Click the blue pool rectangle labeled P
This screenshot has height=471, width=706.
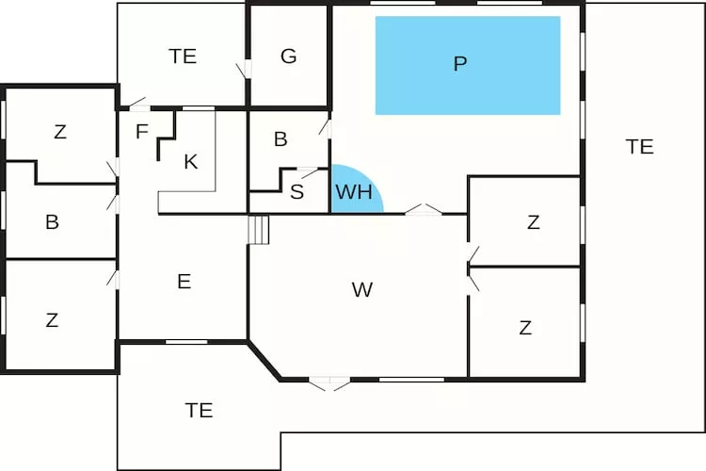[468, 65]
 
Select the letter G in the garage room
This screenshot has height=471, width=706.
[289, 57]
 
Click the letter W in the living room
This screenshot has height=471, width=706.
[362, 290]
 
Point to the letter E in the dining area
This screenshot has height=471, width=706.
[185, 282]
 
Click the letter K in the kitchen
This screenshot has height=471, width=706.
[191, 161]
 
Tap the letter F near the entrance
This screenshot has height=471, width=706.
[142, 132]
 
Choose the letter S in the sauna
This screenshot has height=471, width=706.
[297, 192]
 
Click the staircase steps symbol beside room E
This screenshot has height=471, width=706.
[259, 230]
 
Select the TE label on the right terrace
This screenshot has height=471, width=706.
[640, 147]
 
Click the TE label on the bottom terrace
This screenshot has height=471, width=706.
[199, 410]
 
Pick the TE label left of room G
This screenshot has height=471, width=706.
[183, 57]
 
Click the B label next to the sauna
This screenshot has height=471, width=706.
[281, 139]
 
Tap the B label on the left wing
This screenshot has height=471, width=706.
[52, 222]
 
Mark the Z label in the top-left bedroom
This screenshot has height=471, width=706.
[60, 132]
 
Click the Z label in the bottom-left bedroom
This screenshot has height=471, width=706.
[52, 320]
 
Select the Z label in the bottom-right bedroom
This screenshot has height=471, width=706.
[525, 328]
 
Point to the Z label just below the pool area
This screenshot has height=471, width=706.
[534, 222]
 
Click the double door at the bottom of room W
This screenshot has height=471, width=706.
[329, 383]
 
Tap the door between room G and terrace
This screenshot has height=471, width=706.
[244, 69]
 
